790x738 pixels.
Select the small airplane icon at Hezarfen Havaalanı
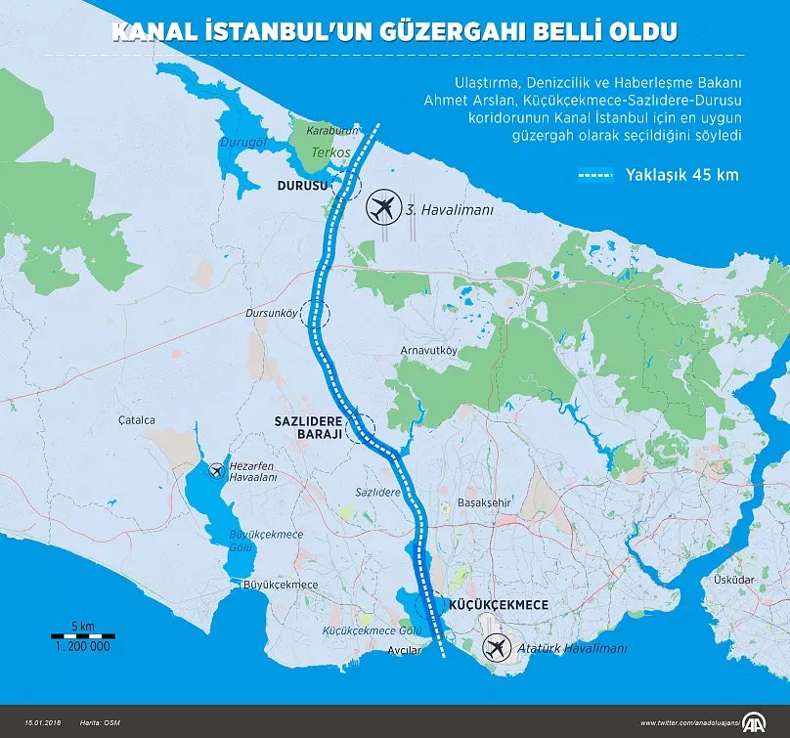click(x=216, y=471)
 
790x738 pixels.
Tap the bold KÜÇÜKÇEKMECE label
click(x=496, y=605)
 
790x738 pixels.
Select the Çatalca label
click(x=138, y=419)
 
